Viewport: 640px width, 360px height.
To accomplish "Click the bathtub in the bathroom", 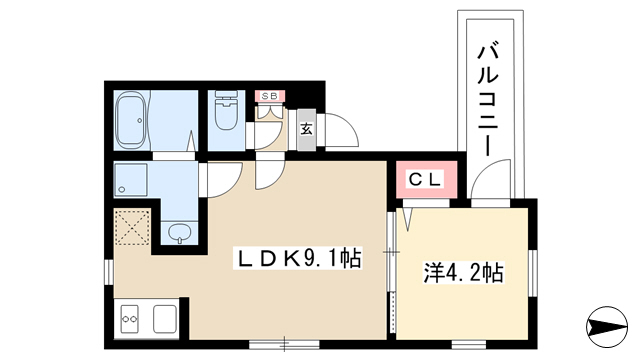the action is (x=131, y=120).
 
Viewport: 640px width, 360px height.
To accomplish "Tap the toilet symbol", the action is (x=226, y=111).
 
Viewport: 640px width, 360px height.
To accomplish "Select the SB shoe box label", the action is (x=269, y=96).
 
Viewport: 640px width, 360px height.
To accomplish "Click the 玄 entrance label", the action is (x=307, y=129).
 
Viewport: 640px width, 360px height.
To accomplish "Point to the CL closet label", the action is (x=426, y=179).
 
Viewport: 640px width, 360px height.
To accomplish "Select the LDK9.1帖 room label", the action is (x=298, y=258).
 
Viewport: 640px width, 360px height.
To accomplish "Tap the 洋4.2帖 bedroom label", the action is (x=463, y=272).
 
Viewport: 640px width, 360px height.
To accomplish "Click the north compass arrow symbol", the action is (x=607, y=327).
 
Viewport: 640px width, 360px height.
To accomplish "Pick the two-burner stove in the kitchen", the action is (x=130, y=319).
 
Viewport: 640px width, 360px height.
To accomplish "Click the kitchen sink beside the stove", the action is (x=165, y=319).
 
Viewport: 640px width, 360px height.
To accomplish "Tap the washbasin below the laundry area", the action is (x=180, y=233).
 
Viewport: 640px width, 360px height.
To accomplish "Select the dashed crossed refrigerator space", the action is (x=132, y=227).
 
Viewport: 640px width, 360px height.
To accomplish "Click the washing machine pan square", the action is (x=131, y=180).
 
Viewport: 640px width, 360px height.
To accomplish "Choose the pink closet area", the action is (x=426, y=180).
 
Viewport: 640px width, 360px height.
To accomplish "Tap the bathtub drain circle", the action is (x=140, y=120).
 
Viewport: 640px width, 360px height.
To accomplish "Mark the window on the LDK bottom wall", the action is (x=284, y=344).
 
